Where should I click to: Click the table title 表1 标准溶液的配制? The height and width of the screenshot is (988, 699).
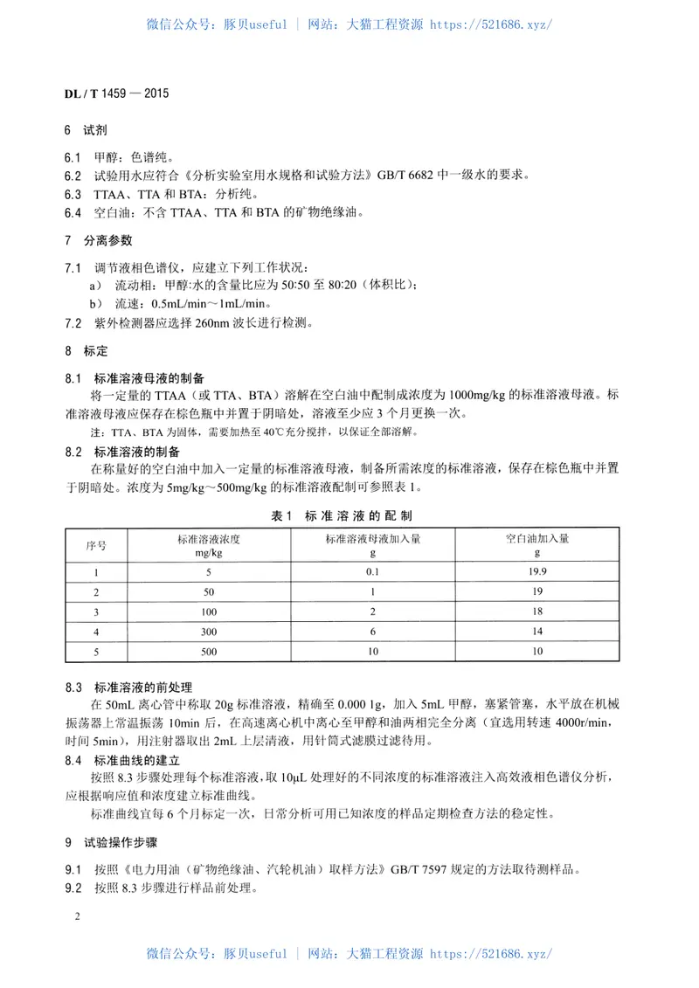click(348, 516)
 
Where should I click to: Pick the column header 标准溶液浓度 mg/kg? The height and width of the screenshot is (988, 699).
click(208, 545)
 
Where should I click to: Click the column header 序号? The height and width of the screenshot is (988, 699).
click(96, 545)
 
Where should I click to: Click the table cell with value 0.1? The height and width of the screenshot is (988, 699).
click(372, 573)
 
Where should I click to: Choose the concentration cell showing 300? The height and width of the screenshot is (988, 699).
click(208, 632)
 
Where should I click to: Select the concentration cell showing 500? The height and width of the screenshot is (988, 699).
click(208, 652)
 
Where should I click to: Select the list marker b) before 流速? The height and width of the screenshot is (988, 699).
click(97, 303)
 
